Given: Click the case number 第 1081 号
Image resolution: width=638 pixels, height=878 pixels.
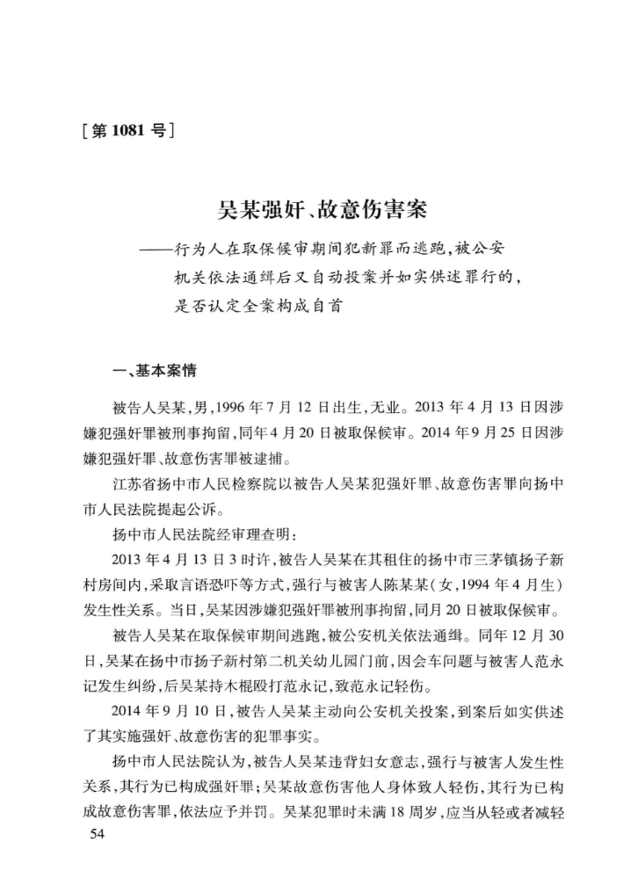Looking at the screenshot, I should [127, 133].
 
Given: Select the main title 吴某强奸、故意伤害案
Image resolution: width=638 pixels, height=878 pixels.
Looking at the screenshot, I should [323, 212].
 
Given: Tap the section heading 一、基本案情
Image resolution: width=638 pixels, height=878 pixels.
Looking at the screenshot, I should [147, 371].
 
